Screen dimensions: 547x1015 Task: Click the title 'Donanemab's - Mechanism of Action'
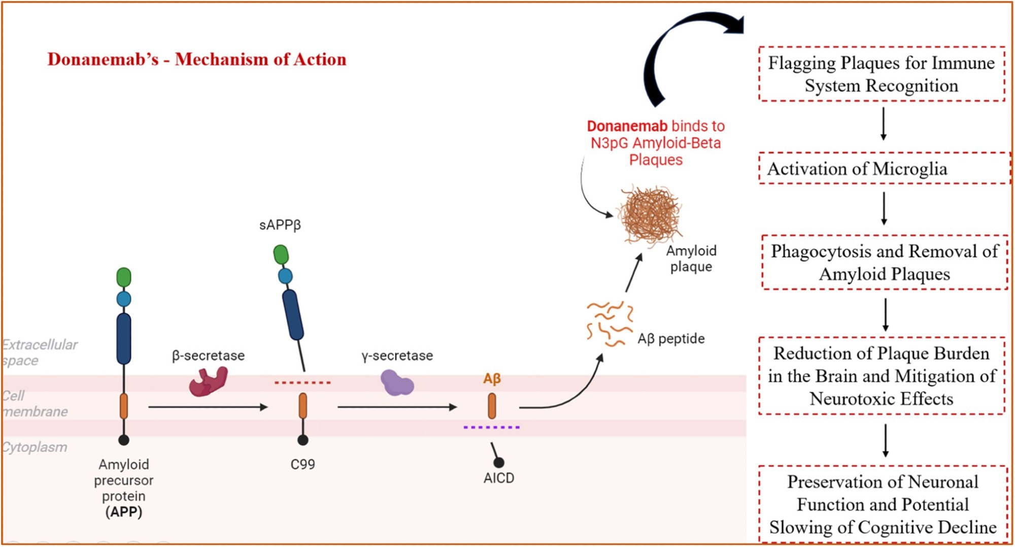(197, 59)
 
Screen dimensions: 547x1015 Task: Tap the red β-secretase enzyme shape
(208, 382)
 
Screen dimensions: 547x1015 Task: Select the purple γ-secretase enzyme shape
(397, 383)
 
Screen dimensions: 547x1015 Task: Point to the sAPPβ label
(280, 225)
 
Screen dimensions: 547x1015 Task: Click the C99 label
(302, 464)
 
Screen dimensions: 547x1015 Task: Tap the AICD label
(498, 478)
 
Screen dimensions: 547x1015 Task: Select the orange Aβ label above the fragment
(492, 378)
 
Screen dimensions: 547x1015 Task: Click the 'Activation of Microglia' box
(883, 169)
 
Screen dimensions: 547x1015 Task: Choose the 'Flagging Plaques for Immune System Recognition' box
(882, 74)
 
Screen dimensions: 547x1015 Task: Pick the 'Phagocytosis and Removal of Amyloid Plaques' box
(884, 263)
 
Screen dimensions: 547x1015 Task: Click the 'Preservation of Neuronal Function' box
(883, 504)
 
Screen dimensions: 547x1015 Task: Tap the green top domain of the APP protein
(124, 277)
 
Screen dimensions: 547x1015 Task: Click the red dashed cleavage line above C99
(302, 382)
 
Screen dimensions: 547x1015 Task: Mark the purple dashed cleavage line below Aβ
(491, 427)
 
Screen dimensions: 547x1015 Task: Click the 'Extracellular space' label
(39, 352)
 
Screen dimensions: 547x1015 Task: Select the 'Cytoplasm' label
(35, 447)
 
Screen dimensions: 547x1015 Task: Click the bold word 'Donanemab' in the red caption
(627, 126)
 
